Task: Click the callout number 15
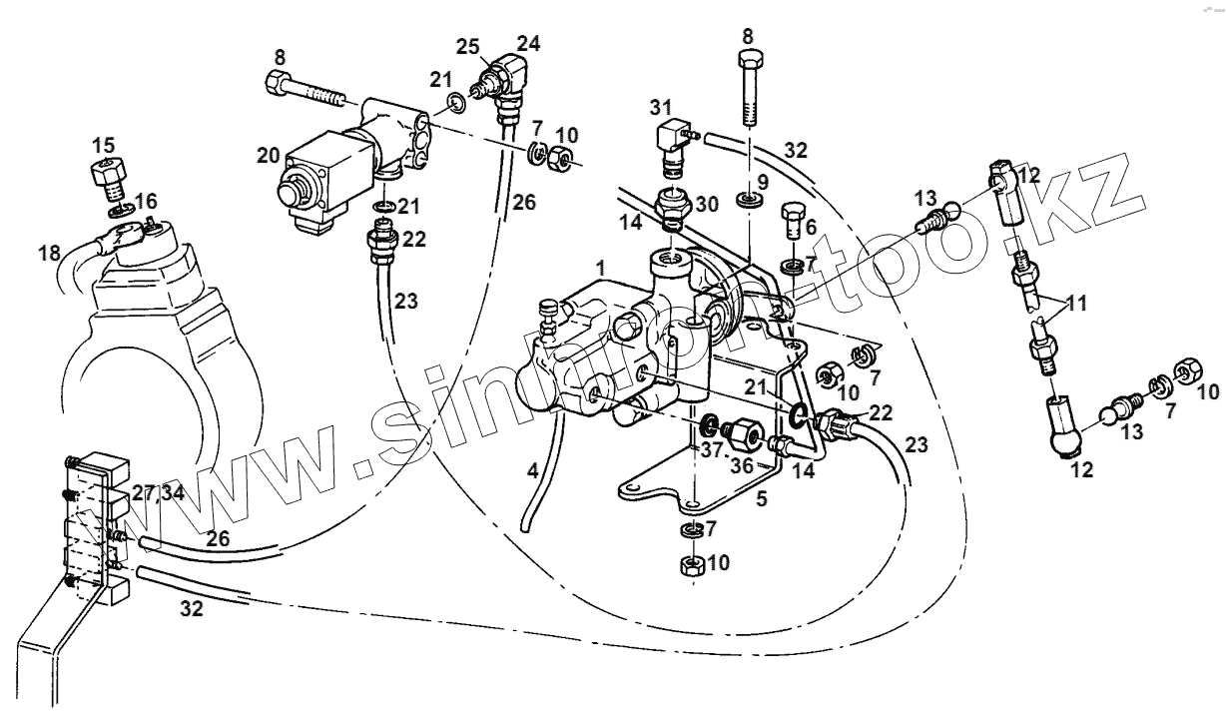(x=104, y=144)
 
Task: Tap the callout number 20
(x=268, y=156)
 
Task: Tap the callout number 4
(x=533, y=468)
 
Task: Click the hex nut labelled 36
(x=743, y=435)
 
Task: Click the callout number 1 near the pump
(x=600, y=269)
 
